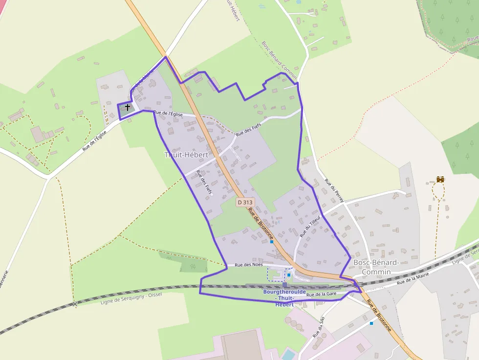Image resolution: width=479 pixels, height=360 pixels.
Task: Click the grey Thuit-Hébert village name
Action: pos(186,155)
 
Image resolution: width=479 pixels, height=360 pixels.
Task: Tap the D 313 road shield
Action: pos(245,202)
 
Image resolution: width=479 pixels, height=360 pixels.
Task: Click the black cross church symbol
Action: pos(128,107)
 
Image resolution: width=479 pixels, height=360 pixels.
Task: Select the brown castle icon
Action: pos(440,180)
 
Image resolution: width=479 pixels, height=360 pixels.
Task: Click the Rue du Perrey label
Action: pos(334,191)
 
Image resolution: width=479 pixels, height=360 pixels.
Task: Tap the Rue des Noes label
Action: pos(248,265)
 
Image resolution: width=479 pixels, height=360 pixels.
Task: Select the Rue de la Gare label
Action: pos(322,294)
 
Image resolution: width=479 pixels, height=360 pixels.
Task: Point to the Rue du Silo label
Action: pos(319,327)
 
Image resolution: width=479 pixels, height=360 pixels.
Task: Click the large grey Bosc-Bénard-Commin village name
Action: pos(376,267)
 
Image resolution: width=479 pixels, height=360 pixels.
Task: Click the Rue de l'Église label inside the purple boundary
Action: pos(168,113)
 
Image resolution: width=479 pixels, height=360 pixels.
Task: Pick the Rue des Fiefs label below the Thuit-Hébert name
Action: pos(204,182)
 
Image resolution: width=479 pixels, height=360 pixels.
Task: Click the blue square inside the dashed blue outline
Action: pos(289,275)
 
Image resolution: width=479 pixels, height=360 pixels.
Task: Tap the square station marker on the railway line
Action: pos(284,285)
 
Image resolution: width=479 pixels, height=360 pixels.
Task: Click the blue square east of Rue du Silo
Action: pos(371,323)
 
